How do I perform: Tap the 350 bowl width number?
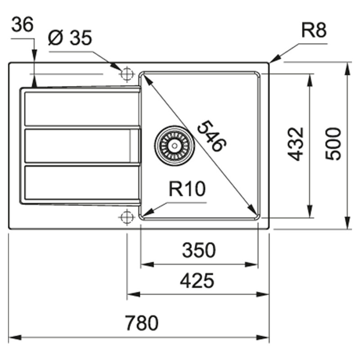[199, 250]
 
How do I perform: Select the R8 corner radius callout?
[314, 31]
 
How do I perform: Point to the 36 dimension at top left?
[22, 25]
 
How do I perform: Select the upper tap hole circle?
[127, 73]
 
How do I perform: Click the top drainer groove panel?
[81, 108]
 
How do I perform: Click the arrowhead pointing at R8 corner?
[274, 59]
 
